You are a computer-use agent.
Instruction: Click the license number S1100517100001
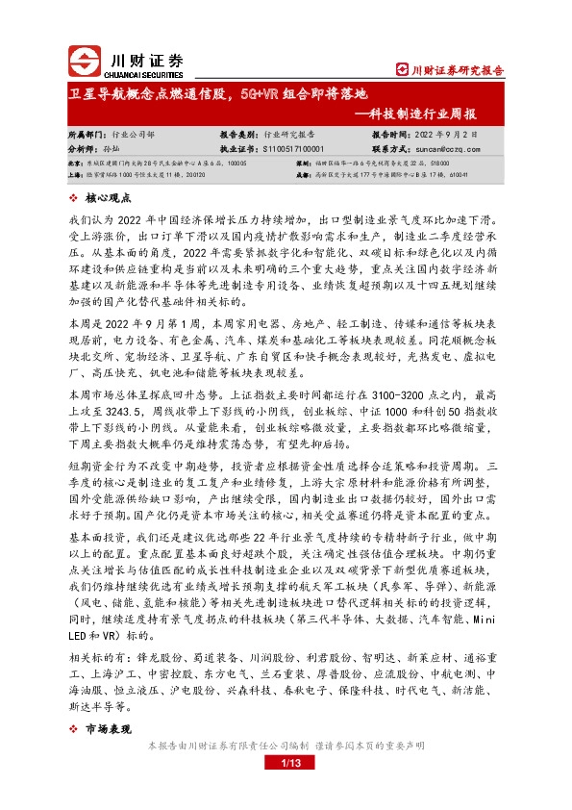(x=293, y=150)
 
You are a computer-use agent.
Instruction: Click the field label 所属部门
(x=87, y=137)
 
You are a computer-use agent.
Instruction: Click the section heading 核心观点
(x=108, y=199)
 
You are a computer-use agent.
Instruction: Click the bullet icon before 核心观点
(x=75, y=199)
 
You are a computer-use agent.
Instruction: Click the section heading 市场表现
(x=108, y=728)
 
